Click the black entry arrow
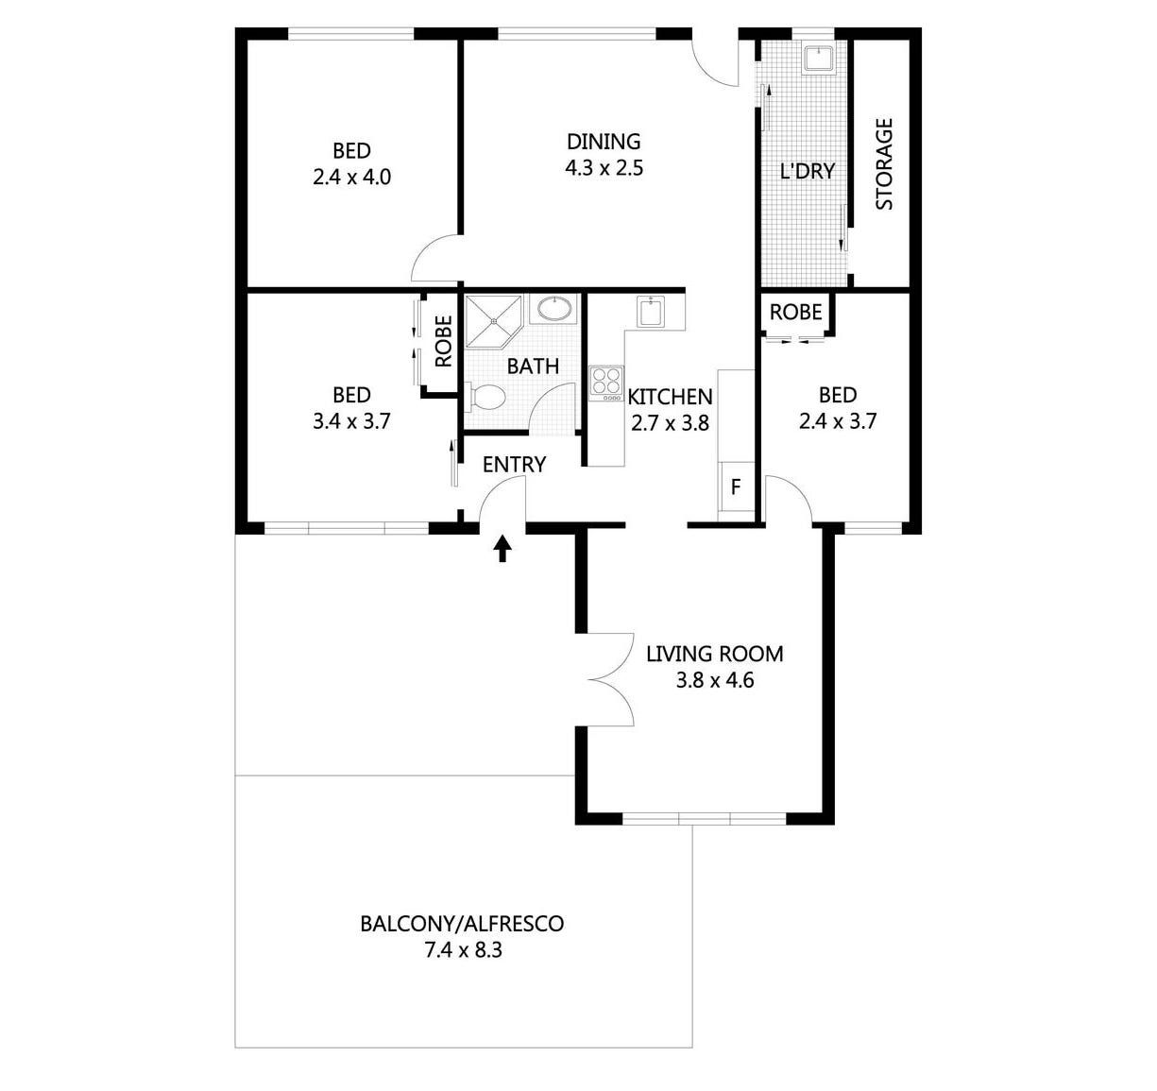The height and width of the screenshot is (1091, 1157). [502, 548]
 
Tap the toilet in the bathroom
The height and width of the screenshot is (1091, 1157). [485, 398]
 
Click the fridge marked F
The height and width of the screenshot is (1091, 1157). [735, 487]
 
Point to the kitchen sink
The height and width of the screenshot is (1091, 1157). [652, 312]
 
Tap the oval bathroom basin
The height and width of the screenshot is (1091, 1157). [554, 309]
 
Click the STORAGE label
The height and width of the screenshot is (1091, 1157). [884, 163]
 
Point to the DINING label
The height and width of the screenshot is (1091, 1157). [604, 142]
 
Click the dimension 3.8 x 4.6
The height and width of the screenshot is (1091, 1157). [714, 679]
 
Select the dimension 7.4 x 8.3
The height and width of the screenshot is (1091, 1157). [463, 950]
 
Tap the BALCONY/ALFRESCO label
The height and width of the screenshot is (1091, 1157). [462, 923]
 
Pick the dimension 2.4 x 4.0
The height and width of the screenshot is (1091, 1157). [351, 177]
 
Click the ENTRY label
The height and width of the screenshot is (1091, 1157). [514, 465]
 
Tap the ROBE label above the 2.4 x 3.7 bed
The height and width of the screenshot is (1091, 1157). [795, 312]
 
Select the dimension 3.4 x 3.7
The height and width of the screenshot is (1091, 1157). [351, 421]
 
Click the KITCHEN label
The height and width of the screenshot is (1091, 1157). [670, 397]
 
